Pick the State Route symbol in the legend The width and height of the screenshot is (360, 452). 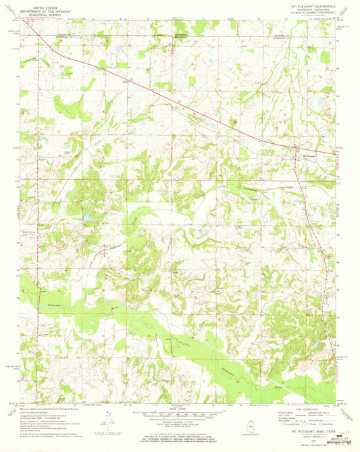click(x=323, y=424)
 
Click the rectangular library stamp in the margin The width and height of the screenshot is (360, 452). click(x=344, y=441)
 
